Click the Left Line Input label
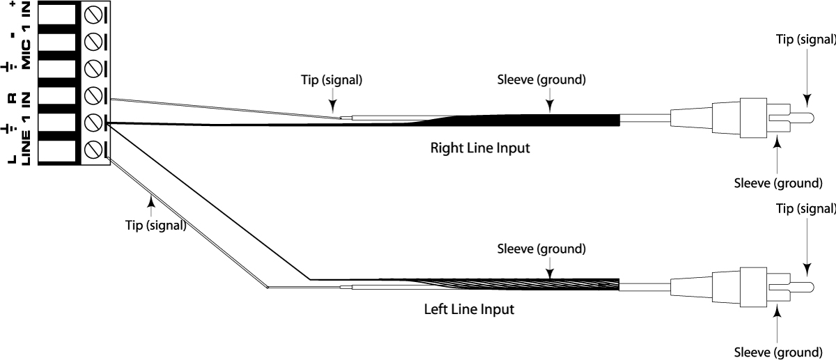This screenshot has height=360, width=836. [469, 308]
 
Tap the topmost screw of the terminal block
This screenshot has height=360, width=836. [93, 15]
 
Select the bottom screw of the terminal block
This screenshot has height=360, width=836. [93, 150]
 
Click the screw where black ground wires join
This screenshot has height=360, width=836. [93, 123]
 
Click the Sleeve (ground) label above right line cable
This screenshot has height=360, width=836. [541, 79]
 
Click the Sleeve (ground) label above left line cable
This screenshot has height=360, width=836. [541, 249]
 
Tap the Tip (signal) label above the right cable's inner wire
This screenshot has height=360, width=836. [332, 79]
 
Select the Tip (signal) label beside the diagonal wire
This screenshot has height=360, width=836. [156, 225]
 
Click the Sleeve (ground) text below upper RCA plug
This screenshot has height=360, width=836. [779, 184]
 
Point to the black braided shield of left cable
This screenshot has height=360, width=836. [557, 284]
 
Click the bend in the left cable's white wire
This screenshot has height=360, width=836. [268, 286]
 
